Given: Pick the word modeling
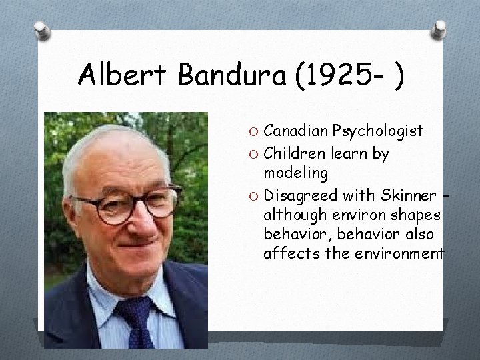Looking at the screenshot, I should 295,174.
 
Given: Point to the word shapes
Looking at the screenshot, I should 417,216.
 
